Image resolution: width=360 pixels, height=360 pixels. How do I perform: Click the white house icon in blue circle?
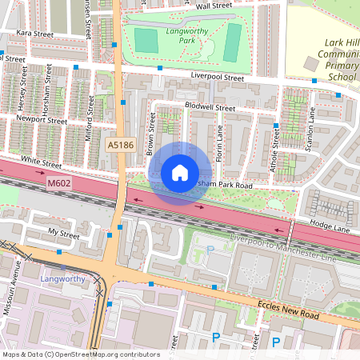pyautogui.click(x=180, y=172)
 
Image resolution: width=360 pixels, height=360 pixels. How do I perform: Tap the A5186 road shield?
pyautogui.click(x=120, y=145)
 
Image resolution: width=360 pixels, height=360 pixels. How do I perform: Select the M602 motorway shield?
pyautogui.click(x=55, y=183)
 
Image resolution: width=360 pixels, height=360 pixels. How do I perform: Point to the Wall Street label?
pyautogui.click(x=214, y=6)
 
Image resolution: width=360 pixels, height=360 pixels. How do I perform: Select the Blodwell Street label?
pyautogui.click(x=210, y=107)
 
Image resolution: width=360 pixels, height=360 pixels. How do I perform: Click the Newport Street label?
pyautogui.click(x=42, y=120)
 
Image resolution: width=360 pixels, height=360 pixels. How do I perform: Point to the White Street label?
pyautogui.click(x=42, y=162)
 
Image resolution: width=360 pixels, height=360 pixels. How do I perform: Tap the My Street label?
pyautogui.click(x=65, y=234)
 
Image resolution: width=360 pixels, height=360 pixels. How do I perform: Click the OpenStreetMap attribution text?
pyautogui.click(x=81, y=354)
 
